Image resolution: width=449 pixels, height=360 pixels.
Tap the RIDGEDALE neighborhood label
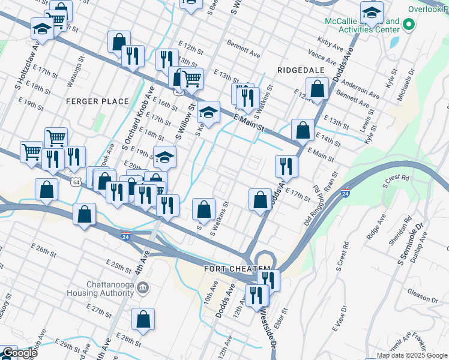301,70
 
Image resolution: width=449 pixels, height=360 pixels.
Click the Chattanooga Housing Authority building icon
143,288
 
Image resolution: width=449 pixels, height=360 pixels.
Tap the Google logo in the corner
19,353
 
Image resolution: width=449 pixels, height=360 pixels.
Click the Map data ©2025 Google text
412,355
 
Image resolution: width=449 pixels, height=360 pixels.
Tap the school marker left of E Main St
208,112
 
